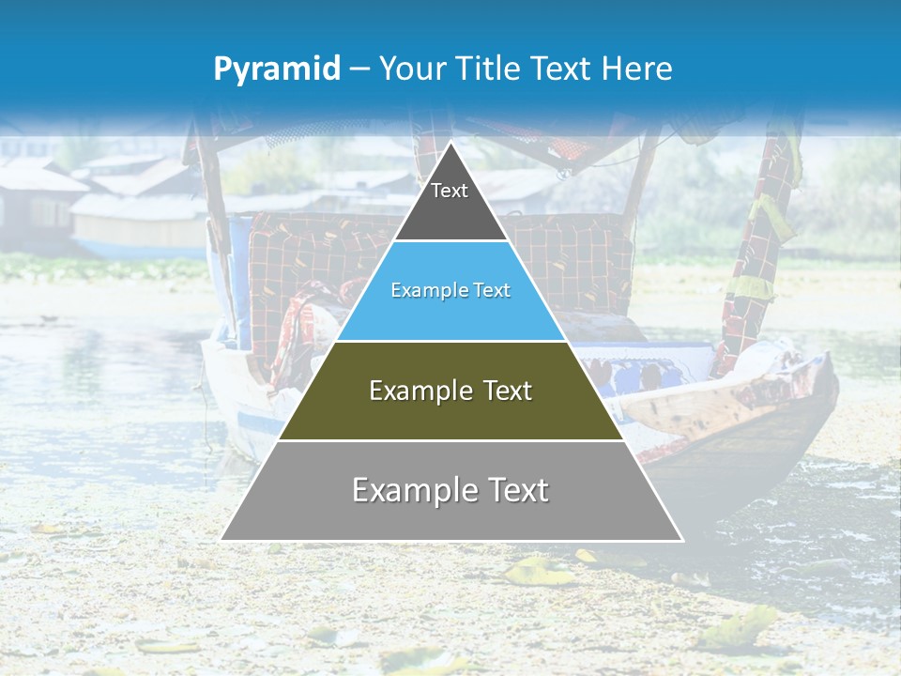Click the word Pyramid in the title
pyautogui.click(x=276, y=69)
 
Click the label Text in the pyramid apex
pyautogui.click(x=450, y=191)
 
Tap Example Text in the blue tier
pyautogui.click(x=450, y=291)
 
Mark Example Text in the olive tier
pyautogui.click(x=450, y=391)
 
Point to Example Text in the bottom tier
pyautogui.click(x=450, y=490)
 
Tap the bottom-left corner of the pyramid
pyautogui.click(x=221, y=540)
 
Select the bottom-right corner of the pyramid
pyautogui.click(x=682, y=540)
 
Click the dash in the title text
pyautogui.click(x=359, y=69)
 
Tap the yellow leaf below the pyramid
pyautogui.click(x=539, y=571)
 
